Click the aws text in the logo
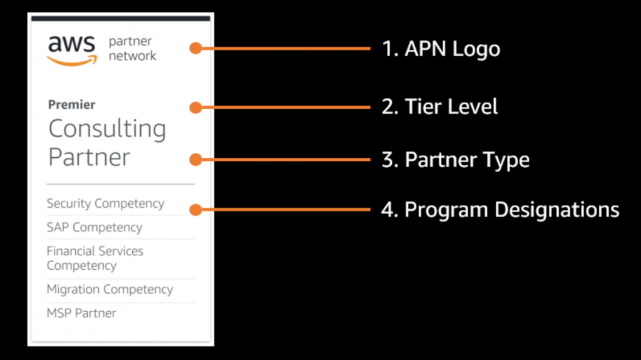pos(71,44)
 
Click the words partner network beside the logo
pos(132,49)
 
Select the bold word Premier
pos(71,105)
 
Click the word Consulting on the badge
pos(107,130)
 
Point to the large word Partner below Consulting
pos(89,157)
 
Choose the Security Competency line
pos(105,203)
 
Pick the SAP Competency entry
pos(94,227)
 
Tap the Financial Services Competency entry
pos(95,258)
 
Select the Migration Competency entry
pos(110,289)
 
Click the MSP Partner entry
pos(81,313)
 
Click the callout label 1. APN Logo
pos(441,49)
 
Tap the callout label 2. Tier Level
pos(439,107)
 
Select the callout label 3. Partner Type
pos(455,160)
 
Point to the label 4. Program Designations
pos(500,209)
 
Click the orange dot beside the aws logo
pos(196,48)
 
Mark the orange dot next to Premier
pos(196,108)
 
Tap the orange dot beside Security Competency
pos(196,210)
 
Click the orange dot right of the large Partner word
pos(196,160)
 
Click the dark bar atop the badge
pos(120,19)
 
